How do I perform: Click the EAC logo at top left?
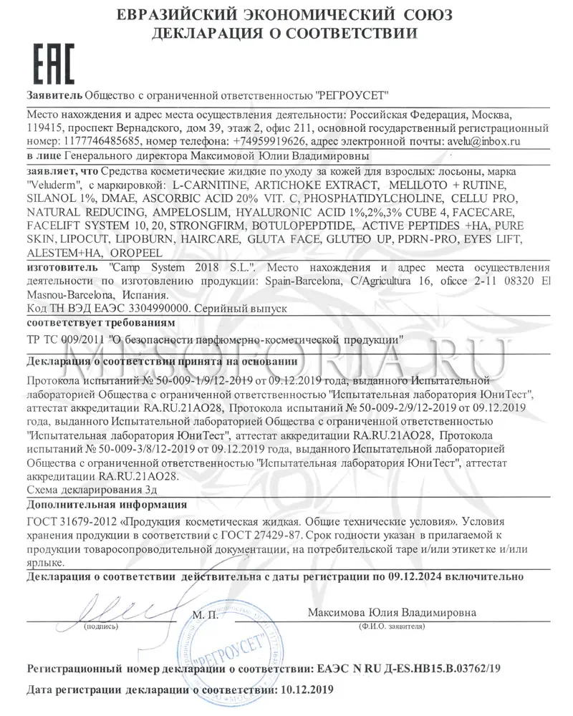click(50, 65)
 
